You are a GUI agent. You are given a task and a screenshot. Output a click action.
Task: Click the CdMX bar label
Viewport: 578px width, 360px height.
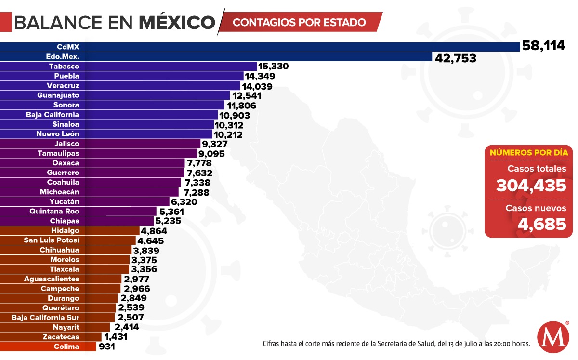(x=67, y=47)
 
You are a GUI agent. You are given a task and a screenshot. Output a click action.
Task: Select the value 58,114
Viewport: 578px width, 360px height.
(x=543, y=46)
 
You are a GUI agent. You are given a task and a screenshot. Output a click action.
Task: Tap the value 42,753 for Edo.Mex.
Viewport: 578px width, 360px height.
(x=455, y=58)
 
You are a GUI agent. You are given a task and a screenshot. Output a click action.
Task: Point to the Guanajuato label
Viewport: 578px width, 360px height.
(x=58, y=95)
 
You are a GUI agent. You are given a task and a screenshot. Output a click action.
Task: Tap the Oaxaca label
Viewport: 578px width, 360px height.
(x=66, y=163)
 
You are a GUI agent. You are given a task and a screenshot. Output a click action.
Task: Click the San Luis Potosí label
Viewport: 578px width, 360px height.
(x=52, y=240)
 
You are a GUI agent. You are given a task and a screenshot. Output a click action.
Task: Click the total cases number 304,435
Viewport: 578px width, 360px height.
(x=531, y=185)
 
